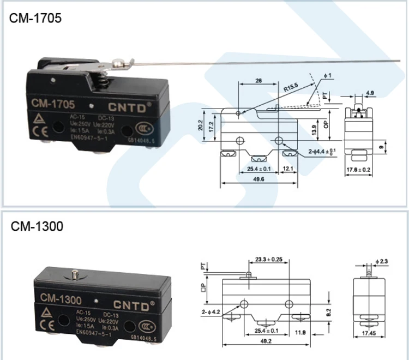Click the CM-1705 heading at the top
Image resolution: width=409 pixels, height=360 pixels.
(35, 18)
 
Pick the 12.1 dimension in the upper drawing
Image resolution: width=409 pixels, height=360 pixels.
(289, 169)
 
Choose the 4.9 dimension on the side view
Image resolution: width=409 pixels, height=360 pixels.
(370, 93)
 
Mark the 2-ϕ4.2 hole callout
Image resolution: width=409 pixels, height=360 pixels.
(212, 312)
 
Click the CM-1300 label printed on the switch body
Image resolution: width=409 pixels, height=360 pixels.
(61, 299)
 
